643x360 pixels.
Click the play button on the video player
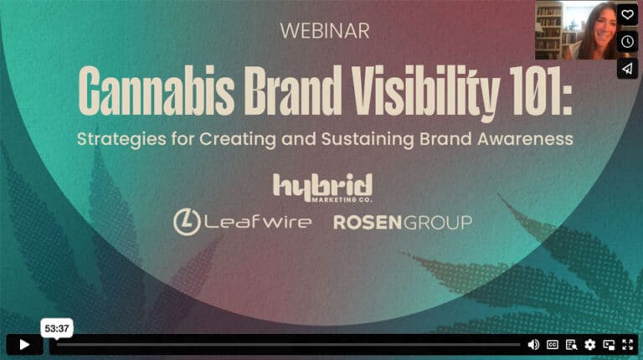point(24,344)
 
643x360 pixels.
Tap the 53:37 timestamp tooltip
point(57,329)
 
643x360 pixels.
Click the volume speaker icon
point(533,344)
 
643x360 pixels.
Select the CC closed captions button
point(553,344)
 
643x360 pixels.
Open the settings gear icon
point(589,344)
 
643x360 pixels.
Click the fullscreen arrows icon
point(626,344)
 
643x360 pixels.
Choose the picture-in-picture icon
point(608,344)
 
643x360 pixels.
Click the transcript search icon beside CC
point(571,344)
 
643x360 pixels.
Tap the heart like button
point(627,14)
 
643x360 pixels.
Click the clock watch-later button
point(627,41)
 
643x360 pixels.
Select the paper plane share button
point(627,68)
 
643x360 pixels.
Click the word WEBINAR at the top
point(324,31)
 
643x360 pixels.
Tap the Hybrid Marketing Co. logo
point(322,187)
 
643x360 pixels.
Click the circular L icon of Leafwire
point(186,222)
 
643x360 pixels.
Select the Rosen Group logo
point(403,222)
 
